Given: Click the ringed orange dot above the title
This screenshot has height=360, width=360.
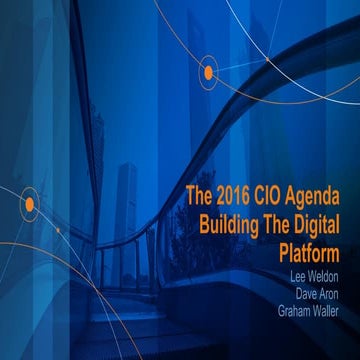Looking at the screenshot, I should [x=209, y=71].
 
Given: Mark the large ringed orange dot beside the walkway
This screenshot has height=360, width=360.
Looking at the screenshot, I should [x=29, y=206].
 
